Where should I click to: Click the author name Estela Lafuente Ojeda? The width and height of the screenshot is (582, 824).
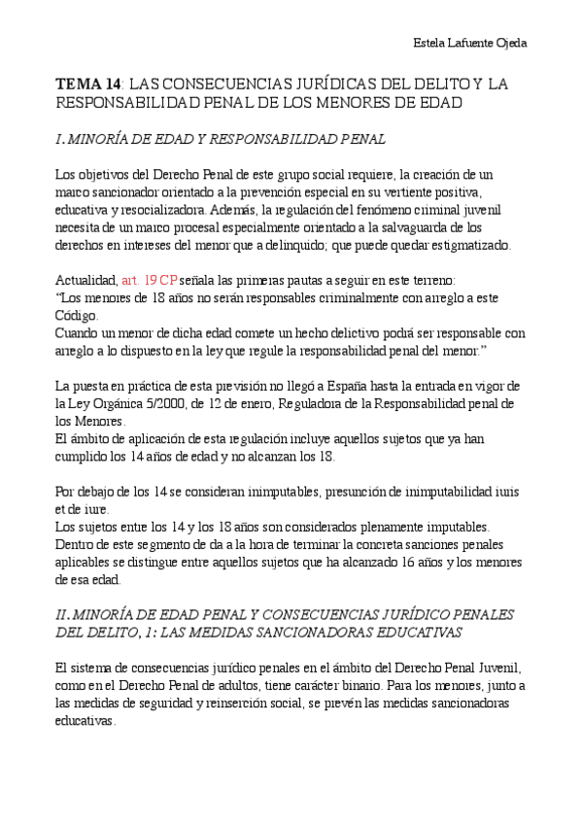coord(470,44)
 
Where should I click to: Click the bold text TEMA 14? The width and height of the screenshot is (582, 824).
coord(88,85)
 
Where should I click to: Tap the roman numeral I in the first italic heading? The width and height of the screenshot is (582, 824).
coord(60,140)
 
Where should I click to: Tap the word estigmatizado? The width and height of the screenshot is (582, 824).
coord(474,245)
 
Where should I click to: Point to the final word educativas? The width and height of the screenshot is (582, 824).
coord(86,721)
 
